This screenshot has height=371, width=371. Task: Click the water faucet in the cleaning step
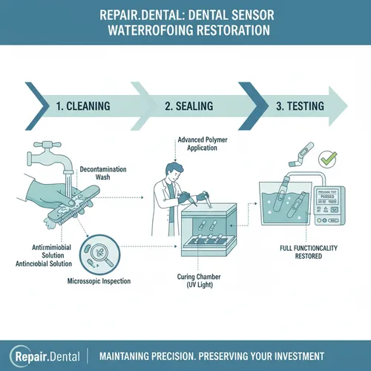[53, 157]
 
